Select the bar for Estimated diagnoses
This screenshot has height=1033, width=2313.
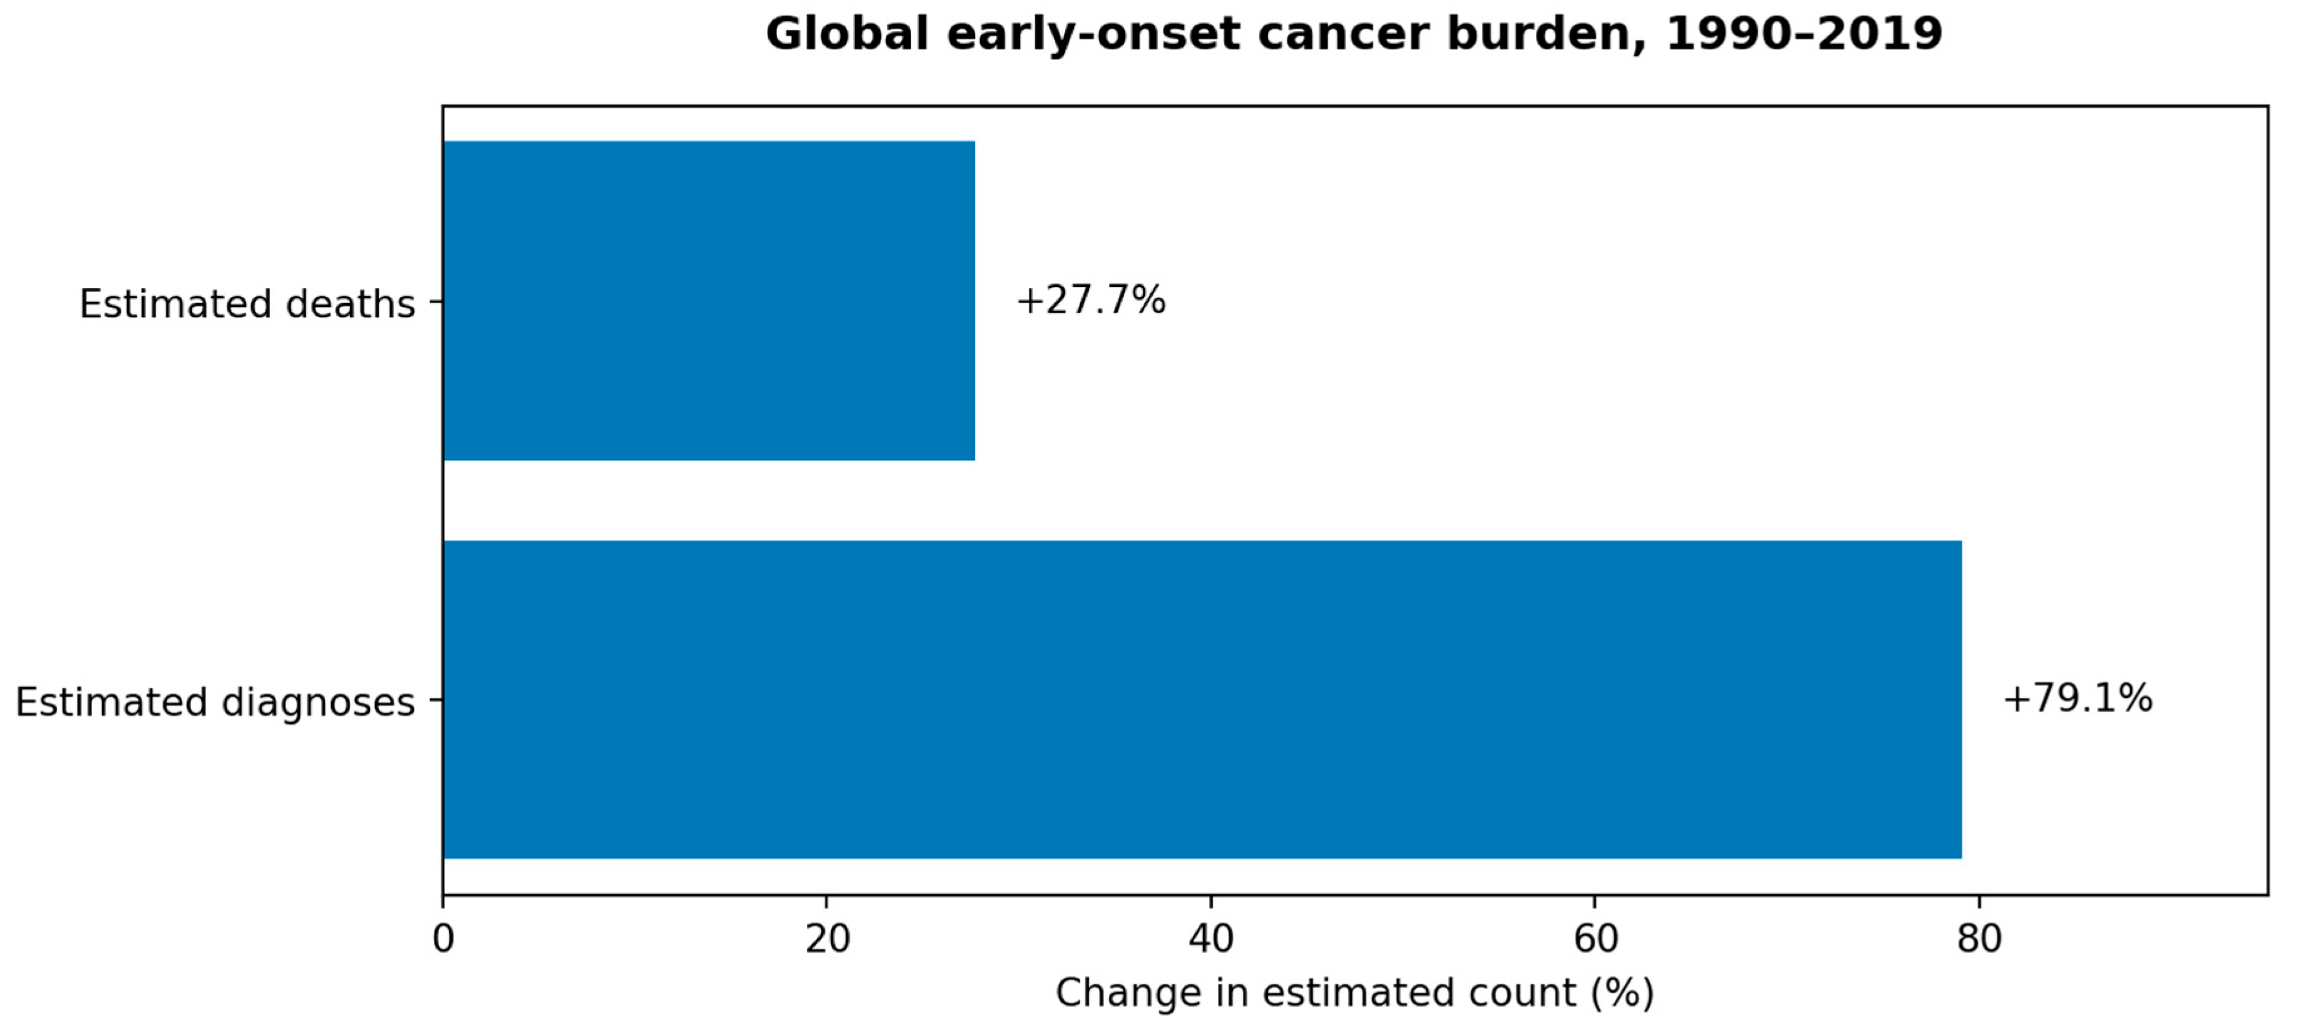point(1202,700)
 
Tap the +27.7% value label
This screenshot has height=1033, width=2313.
point(1091,300)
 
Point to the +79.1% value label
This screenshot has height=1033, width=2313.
point(2078,699)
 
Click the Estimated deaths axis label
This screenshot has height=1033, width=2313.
point(247,304)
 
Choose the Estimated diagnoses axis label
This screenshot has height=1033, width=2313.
point(215,702)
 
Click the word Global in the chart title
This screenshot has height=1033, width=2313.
point(847,34)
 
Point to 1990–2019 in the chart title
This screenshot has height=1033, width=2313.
point(1804,34)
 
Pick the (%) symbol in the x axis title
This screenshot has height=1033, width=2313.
point(1622,994)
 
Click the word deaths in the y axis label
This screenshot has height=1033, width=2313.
point(350,304)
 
